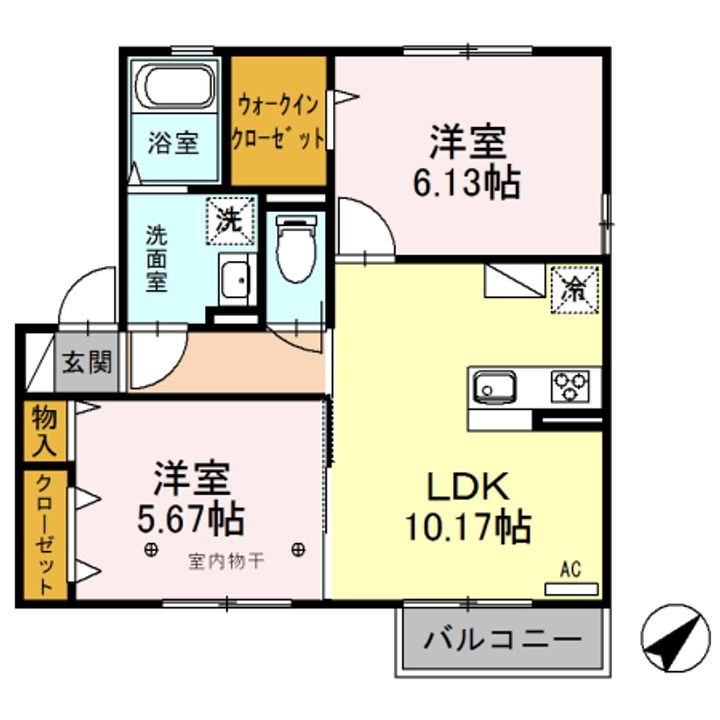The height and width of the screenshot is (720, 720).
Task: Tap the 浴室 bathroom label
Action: click(x=174, y=143)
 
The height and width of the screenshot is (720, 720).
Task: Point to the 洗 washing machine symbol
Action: click(x=231, y=221)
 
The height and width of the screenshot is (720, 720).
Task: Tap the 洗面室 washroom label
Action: click(x=157, y=258)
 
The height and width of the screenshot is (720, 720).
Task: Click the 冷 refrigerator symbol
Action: click(x=576, y=289)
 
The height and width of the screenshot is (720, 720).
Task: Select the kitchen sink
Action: click(x=493, y=385)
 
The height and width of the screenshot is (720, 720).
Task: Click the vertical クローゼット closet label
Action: click(x=46, y=534)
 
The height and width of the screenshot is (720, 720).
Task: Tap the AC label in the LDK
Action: click(x=571, y=570)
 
